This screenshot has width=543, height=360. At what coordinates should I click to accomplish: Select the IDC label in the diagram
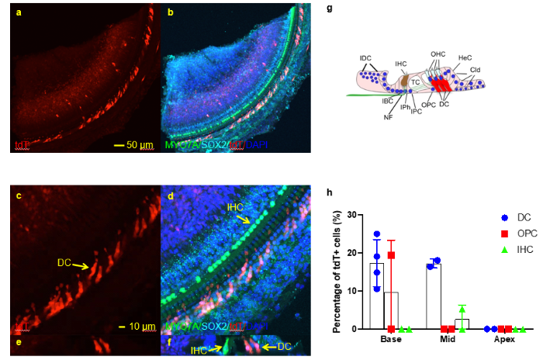(365, 59)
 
